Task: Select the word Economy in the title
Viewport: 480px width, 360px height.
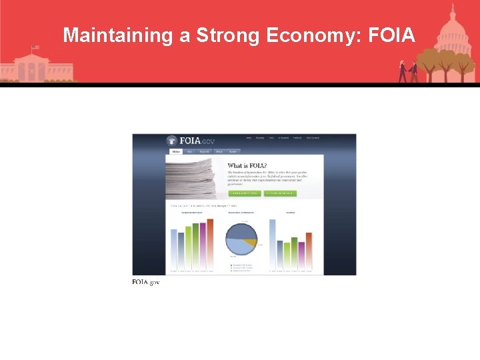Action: pos(312,35)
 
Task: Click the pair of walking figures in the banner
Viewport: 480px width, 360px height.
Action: pos(408,70)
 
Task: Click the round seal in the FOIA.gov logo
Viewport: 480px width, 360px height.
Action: pos(172,141)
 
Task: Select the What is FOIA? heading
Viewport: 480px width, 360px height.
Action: pos(246,165)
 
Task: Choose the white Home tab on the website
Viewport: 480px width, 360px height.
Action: pos(176,152)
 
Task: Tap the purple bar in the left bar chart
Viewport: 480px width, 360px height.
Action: pos(203,247)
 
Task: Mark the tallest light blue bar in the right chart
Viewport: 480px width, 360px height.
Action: pos(272,245)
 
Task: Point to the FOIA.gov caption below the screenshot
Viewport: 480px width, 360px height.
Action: pos(146,282)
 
